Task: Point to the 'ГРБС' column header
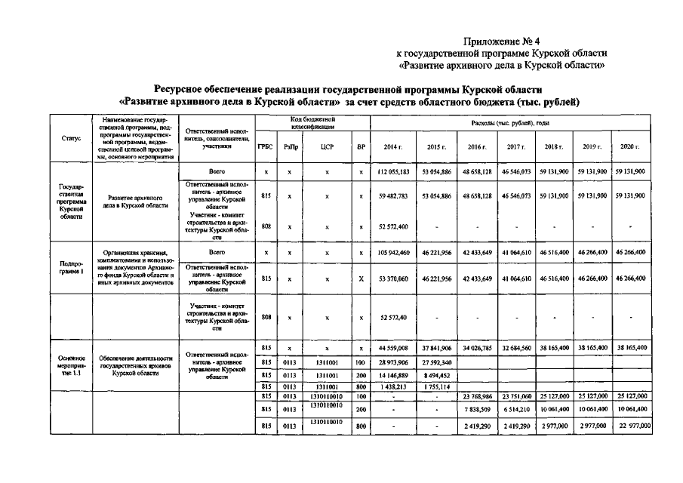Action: [266, 146]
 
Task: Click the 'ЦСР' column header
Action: [327, 146]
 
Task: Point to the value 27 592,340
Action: [436, 363]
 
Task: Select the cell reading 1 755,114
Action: [436, 386]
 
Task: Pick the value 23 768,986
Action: [477, 395]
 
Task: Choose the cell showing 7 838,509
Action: [477, 410]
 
